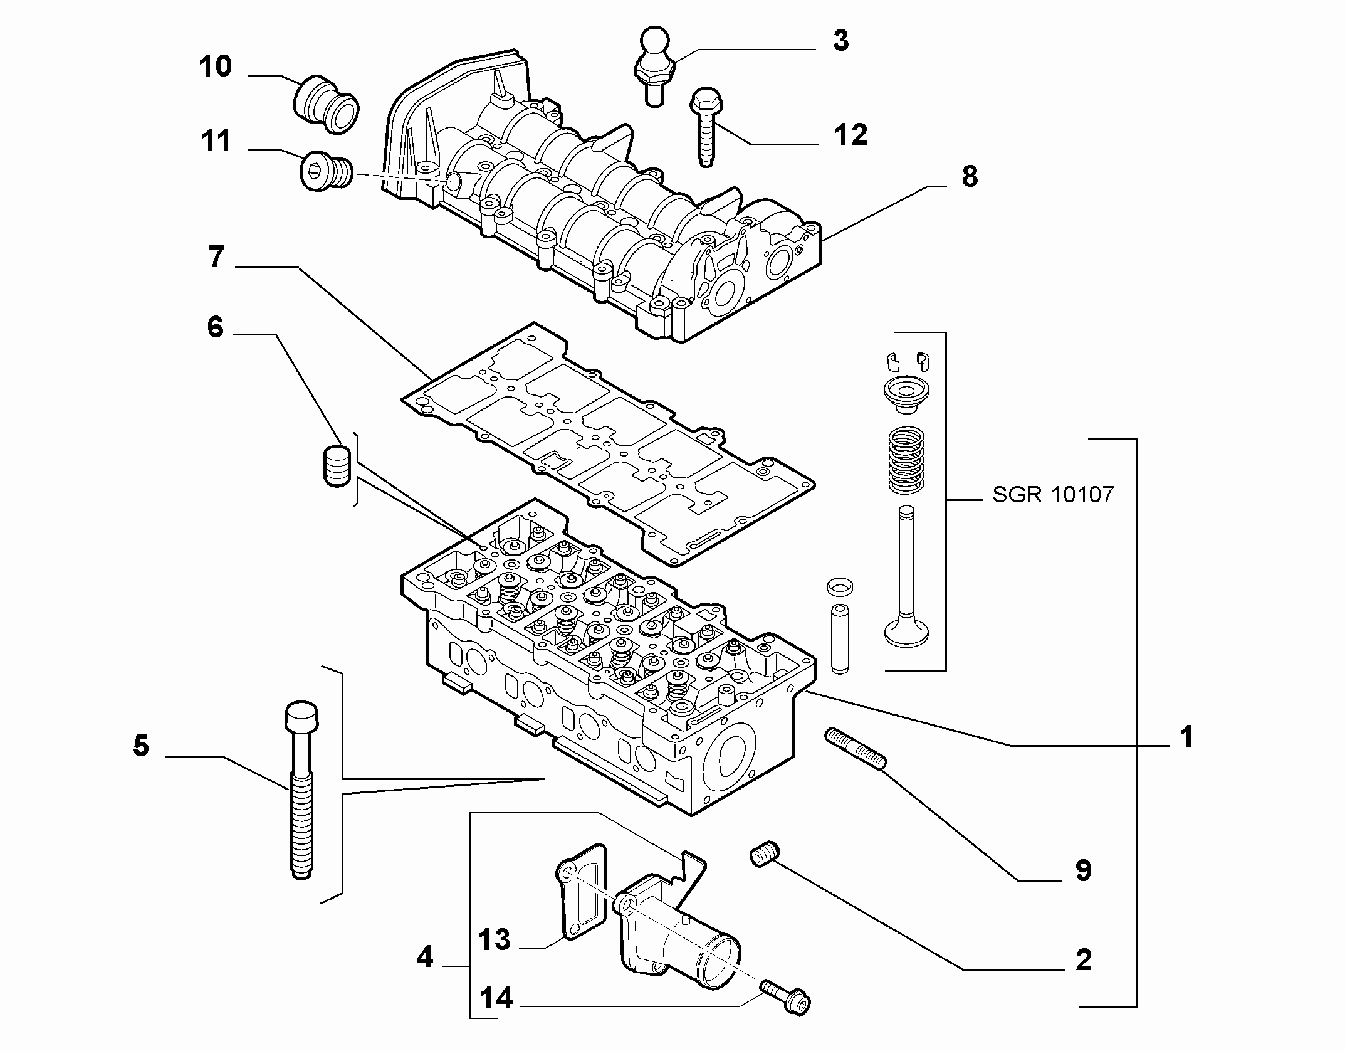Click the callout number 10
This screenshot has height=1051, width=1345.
pyautogui.click(x=216, y=66)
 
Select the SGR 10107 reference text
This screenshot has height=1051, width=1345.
pyautogui.click(x=1053, y=494)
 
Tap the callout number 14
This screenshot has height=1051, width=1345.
pyautogui.click(x=496, y=998)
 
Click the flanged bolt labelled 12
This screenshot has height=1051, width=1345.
pyautogui.click(x=706, y=128)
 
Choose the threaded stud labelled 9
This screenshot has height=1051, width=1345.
pyautogui.click(x=856, y=748)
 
